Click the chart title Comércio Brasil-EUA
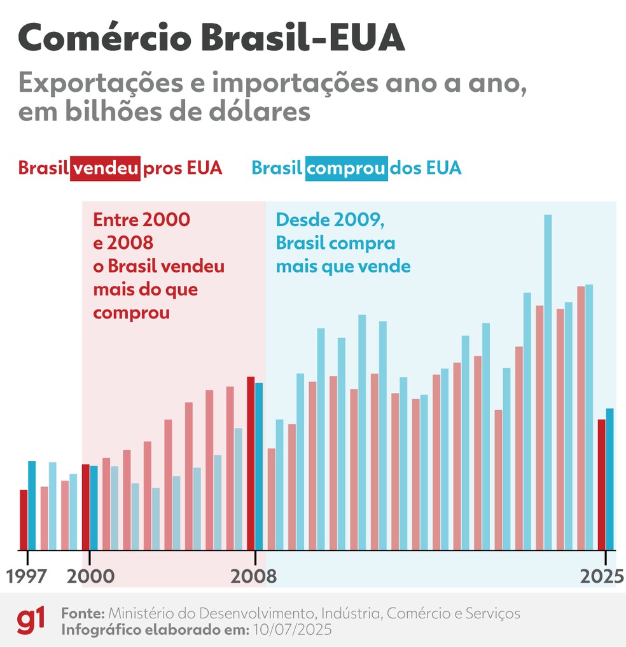[x=211, y=39]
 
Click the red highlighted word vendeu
[x=105, y=168]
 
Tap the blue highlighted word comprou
[x=346, y=168]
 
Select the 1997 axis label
[x=27, y=576]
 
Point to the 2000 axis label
[x=90, y=576]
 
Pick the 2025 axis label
[x=601, y=576]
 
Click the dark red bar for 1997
[x=24, y=520]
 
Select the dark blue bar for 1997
[x=32, y=505]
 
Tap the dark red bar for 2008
[x=251, y=463]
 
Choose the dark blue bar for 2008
[x=259, y=466]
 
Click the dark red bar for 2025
[x=601, y=484]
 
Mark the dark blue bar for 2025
[x=610, y=479]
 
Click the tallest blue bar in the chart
[x=548, y=382]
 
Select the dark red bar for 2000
[x=86, y=507]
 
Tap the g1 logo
[x=31, y=620]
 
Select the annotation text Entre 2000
[x=141, y=220]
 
